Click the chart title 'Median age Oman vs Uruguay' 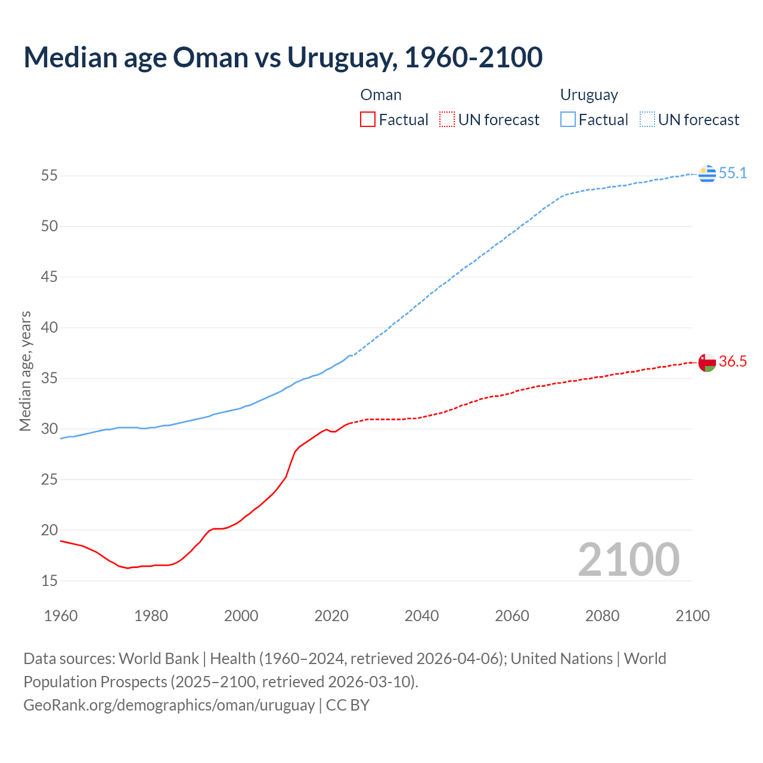[283, 57]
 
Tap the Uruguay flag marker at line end [707, 173]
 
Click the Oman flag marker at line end [707, 362]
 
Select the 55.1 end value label [733, 173]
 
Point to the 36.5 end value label [733, 362]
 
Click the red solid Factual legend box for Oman [368, 120]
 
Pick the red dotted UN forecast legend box [447, 120]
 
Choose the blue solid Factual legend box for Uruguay [568, 120]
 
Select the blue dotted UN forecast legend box [647, 120]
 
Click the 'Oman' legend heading [381, 95]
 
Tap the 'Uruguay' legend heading [589, 95]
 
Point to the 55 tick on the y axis [49, 176]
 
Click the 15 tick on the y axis [49, 581]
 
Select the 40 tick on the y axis [49, 328]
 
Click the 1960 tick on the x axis [61, 616]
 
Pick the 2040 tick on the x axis [421, 616]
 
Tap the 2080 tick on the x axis [602, 616]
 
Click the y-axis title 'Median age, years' [25, 371]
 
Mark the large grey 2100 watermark [628, 559]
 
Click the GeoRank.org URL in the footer [169, 705]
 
